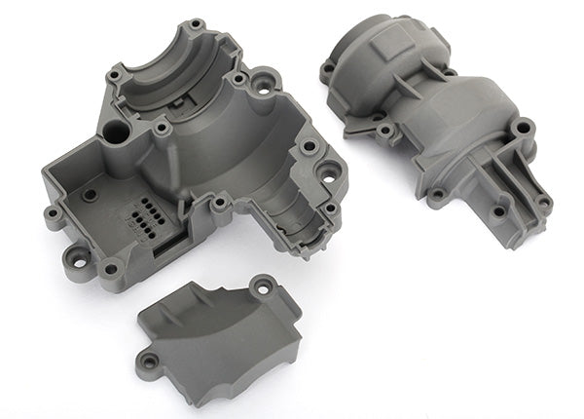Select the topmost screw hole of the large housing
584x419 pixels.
(197, 22)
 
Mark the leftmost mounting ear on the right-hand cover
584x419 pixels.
(328, 68)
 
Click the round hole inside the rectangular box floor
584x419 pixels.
(91, 194)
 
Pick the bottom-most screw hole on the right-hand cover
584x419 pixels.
(498, 209)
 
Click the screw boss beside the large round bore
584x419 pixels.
(162, 129)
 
